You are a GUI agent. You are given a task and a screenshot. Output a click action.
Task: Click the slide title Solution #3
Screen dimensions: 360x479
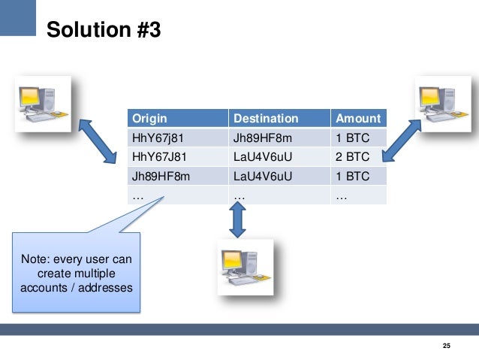click(103, 29)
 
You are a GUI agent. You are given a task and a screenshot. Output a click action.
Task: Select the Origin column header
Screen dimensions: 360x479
click(149, 119)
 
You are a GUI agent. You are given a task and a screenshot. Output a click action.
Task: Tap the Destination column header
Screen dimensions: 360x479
click(266, 119)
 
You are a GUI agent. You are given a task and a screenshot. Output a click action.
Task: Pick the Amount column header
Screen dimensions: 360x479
click(358, 119)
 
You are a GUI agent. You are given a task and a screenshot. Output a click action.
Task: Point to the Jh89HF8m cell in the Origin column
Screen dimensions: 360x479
click(161, 177)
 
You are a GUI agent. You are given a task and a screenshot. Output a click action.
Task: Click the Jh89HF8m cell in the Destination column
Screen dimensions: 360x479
click(262, 138)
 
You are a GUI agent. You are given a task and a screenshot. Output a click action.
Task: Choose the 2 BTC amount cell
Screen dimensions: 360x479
click(352, 158)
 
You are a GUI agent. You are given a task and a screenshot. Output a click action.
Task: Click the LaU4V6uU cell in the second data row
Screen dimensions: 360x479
click(262, 158)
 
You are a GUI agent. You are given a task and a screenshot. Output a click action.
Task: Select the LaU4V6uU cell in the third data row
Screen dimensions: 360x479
click(262, 177)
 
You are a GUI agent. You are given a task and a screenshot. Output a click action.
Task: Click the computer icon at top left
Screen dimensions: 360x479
click(44, 102)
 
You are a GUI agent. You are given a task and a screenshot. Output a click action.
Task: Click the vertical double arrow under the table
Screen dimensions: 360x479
click(237, 219)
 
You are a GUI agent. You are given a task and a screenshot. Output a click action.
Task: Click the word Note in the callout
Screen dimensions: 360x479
click(35, 259)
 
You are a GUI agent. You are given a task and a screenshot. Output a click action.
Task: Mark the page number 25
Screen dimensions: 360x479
click(447, 346)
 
